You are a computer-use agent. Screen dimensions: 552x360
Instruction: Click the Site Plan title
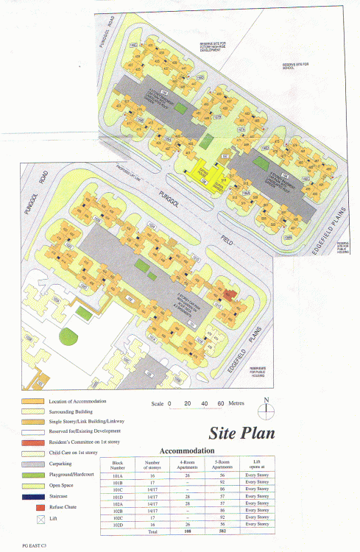[241, 432]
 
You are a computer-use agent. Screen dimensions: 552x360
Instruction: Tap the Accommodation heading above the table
[187, 450]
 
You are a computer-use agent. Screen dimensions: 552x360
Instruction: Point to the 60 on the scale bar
[220, 404]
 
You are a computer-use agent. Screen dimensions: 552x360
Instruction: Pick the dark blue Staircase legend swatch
[32, 498]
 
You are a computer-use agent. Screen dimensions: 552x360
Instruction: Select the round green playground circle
[68, 337]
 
